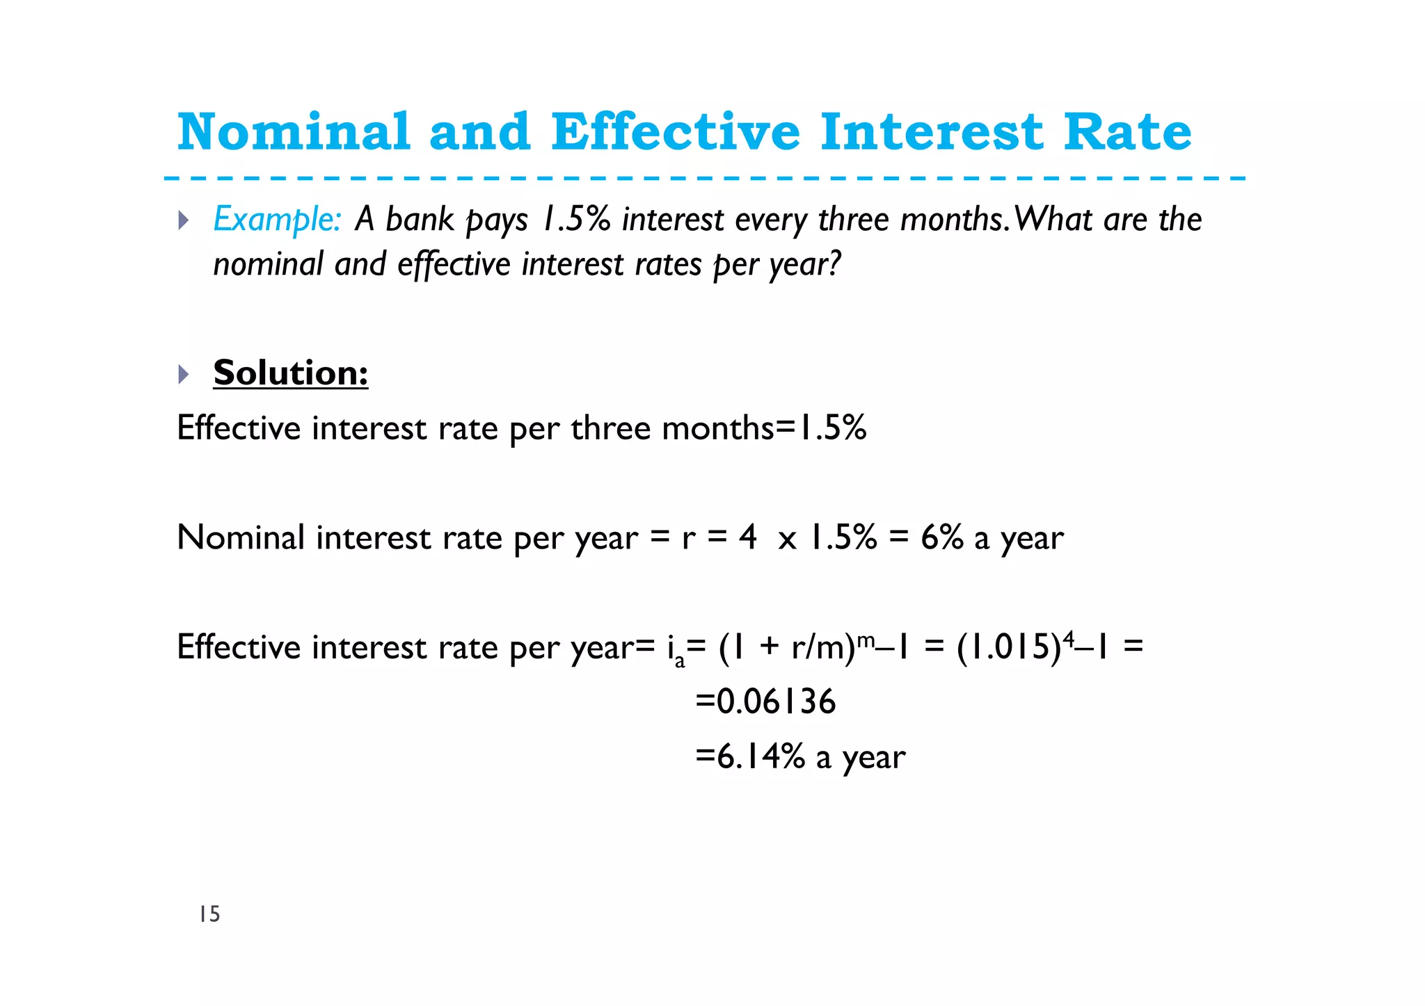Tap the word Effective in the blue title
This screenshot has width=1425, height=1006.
675,131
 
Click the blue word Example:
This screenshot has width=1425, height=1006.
277,220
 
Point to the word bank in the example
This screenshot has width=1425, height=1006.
420,220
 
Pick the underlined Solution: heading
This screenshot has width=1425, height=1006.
290,373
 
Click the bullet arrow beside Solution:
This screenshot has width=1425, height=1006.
184,375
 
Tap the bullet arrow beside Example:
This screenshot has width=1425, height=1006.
184,221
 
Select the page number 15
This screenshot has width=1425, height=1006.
209,914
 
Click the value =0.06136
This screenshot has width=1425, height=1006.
765,701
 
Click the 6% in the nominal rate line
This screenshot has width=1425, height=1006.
942,537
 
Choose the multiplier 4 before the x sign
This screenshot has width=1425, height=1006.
748,537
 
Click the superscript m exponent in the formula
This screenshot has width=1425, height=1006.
865,638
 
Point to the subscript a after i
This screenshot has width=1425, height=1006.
680,661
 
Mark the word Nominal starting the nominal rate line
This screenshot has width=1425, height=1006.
241,537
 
